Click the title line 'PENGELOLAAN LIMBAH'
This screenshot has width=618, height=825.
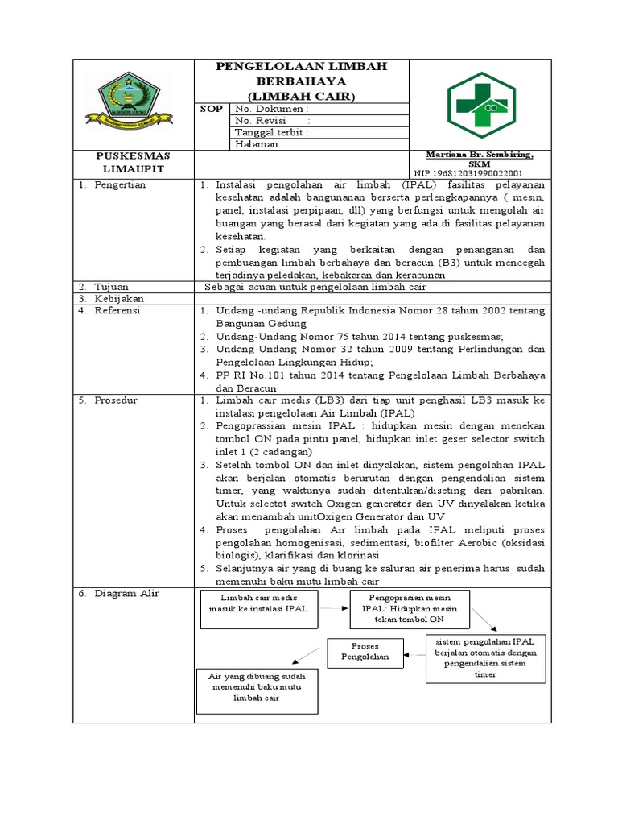click(x=302, y=67)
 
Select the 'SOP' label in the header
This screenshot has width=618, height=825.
click(x=211, y=109)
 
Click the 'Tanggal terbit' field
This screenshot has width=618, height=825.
click(x=272, y=132)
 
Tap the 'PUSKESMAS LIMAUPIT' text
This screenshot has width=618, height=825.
click(x=133, y=160)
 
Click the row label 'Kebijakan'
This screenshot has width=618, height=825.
click(x=117, y=298)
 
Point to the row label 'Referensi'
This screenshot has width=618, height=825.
click(x=117, y=310)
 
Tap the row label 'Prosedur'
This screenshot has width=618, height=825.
click(x=116, y=400)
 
